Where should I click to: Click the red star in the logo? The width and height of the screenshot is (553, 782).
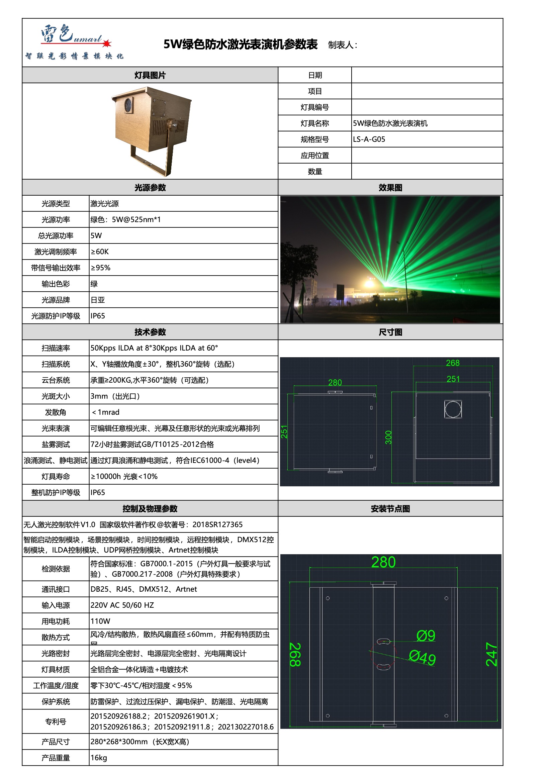click(x=107, y=43)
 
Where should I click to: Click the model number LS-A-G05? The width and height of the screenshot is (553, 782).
click(x=369, y=139)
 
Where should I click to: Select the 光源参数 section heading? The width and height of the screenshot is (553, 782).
click(x=150, y=188)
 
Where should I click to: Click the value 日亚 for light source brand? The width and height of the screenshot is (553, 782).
click(x=98, y=300)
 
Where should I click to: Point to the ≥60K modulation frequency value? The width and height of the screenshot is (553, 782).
click(x=100, y=252)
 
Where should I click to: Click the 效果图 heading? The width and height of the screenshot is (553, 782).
click(x=390, y=188)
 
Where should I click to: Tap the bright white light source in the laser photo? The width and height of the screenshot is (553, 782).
click(x=370, y=282)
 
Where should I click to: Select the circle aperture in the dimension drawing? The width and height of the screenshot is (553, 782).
click(x=453, y=409)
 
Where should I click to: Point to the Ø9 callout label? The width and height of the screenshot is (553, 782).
click(x=426, y=636)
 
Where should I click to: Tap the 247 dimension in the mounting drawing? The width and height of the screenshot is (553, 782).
click(x=491, y=654)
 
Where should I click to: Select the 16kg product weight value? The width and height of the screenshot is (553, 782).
click(x=99, y=758)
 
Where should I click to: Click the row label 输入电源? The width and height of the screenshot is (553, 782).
click(x=56, y=605)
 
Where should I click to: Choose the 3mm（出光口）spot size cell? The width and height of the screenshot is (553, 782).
click(x=115, y=396)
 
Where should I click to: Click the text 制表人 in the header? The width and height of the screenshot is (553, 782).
click(x=342, y=45)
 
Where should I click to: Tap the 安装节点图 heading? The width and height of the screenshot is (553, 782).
click(x=390, y=509)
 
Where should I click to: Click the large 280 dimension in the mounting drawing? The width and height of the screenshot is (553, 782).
click(x=383, y=562)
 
